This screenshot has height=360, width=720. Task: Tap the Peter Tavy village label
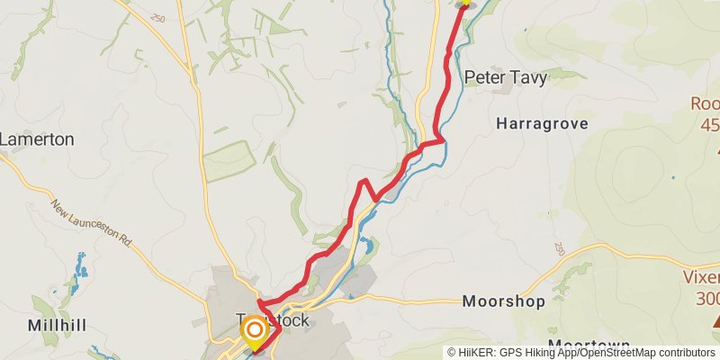coord(505,78)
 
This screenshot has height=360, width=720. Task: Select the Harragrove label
coord(542,123)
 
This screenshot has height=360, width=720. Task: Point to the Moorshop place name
coord(503,302)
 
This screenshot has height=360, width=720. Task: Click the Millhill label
coord(56,325)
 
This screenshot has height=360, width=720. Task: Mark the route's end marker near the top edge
coord(465,4)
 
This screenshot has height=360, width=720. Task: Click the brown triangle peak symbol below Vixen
coord(717,320)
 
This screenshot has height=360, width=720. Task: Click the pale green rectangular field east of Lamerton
coord(229,160)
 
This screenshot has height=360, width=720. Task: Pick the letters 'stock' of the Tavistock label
coord(290,320)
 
